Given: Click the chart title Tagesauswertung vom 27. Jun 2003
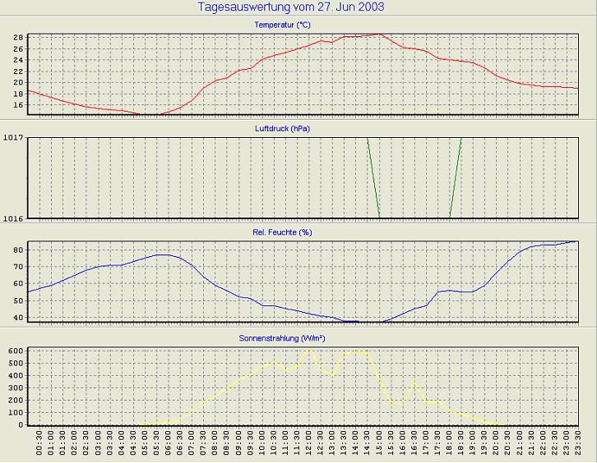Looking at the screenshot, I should click(x=292, y=7).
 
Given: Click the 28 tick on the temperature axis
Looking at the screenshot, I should click(x=16, y=37).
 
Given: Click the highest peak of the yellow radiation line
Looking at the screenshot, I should click(x=309, y=348).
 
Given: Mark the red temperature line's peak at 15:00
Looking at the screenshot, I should click(x=379, y=34).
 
